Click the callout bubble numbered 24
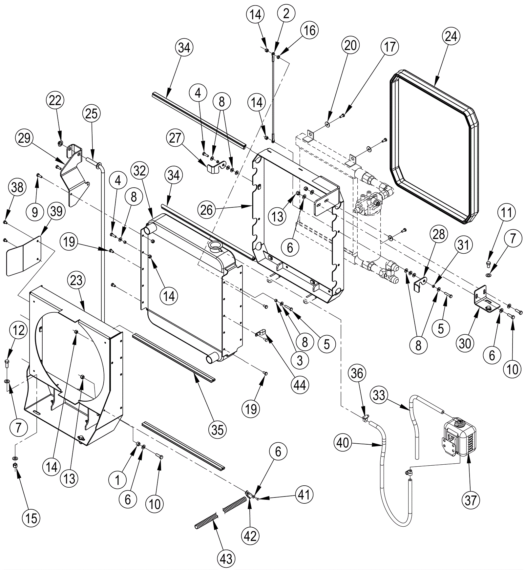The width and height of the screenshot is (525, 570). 451,36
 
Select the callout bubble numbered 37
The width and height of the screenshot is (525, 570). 470,500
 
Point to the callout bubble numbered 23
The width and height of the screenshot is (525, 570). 76,281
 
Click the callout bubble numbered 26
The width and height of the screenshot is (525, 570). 206,210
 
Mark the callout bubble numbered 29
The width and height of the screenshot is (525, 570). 24,138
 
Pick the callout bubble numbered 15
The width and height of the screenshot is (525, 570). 31,518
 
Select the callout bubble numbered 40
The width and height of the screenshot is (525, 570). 343,443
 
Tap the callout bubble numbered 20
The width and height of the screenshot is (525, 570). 350,45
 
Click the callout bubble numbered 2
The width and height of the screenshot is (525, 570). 286,14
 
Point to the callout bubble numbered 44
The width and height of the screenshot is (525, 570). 300,384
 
